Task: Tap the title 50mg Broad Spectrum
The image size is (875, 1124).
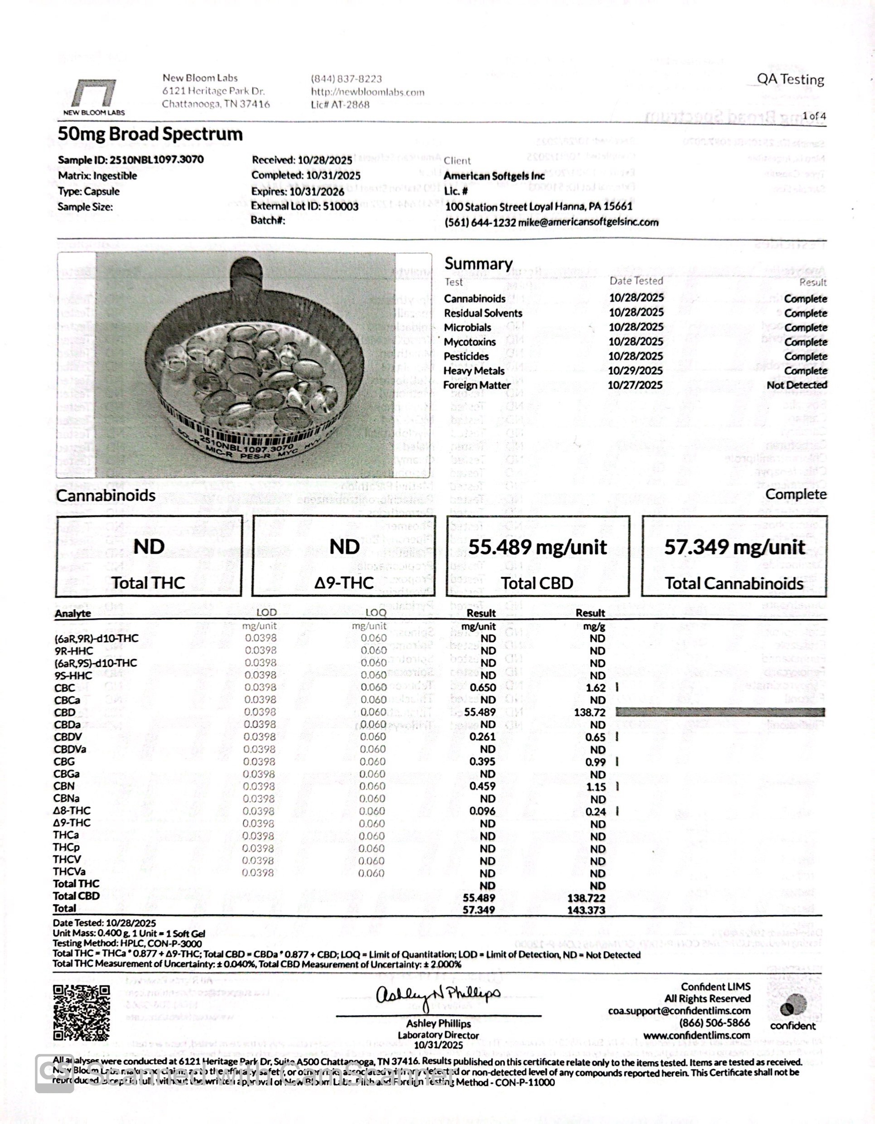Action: tap(150, 134)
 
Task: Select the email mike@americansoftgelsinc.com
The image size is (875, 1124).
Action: tap(588, 223)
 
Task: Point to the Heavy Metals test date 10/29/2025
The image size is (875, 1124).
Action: tap(635, 371)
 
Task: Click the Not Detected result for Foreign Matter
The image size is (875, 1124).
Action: tap(796, 385)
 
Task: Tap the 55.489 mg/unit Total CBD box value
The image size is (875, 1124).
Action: tap(538, 547)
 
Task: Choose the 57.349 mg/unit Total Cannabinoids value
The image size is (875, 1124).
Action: tap(734, 547)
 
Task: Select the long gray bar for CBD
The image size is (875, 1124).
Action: tap(720, 712)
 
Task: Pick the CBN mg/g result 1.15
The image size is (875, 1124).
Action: tap(596, 787)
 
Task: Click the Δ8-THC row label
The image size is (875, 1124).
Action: tap(72, 810)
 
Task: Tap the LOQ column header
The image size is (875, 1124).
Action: tap(375, 612)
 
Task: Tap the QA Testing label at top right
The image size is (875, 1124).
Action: tap(790, 80)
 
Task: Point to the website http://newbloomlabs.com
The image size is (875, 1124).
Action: tap(368, 92)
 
